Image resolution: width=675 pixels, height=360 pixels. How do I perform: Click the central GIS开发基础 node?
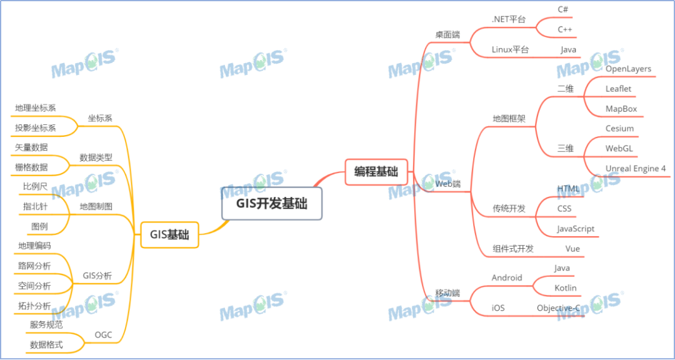pyautogui.click(x=272, y=203)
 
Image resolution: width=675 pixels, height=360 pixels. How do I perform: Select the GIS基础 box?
pyautogui.click(x=169, y=235)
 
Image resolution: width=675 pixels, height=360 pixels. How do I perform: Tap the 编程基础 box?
pyautogui.click(x=376, y=172)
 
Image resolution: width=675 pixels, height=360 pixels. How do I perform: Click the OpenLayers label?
pyautogui.click(x=628, y=69)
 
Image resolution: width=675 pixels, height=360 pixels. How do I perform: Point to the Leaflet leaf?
pyautogui.click(x=618, y=89)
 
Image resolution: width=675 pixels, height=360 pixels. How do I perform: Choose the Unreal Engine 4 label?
pyautogui.click(x=636, y=169)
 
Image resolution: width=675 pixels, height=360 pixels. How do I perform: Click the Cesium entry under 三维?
pyautogui.click(x=619, y=129)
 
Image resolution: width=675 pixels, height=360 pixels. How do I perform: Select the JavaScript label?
pyautogui.click(x=576, y=229)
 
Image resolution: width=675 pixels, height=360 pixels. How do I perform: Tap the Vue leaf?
pyautogui.click(x=572, y=249)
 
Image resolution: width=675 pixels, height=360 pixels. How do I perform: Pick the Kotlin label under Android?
pyautogui.click(x=566, y=288)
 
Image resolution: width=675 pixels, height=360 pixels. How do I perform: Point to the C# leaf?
pyautogui.click(x=562, y=9)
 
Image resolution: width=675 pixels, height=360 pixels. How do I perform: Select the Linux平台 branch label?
pyautogui.click(x=510, y=49)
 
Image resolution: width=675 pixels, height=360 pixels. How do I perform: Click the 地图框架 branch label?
pyautogui.click(x=509, y=118)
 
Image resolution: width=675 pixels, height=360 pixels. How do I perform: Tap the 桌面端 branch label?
pyautogui.click(x=447, y=34)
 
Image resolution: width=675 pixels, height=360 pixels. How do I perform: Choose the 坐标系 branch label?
pyautogui.click(x=100, y=118)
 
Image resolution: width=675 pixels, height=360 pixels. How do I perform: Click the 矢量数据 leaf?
pyautogui.click(x=31, y=147)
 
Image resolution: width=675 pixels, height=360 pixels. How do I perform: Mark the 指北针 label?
pyautogui.click(x=35, y=206)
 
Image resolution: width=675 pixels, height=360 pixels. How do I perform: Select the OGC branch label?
pyautogui.click(x=104, y=335)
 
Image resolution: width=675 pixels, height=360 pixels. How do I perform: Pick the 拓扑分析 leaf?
pyautogui.click(x=34, y=306)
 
